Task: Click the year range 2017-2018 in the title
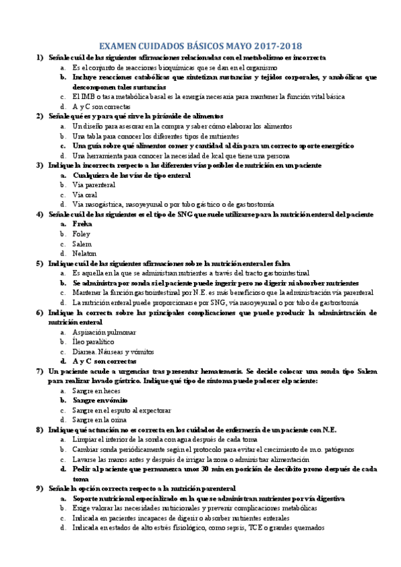(x=273, y=46)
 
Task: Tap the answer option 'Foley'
(x=82, y=233)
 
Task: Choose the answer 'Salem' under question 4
(x=83, y=243)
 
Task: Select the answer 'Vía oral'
(x=86, y=195)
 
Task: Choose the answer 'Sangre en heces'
(x=96, y=390)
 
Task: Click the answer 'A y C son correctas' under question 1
(x=102, y=106)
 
